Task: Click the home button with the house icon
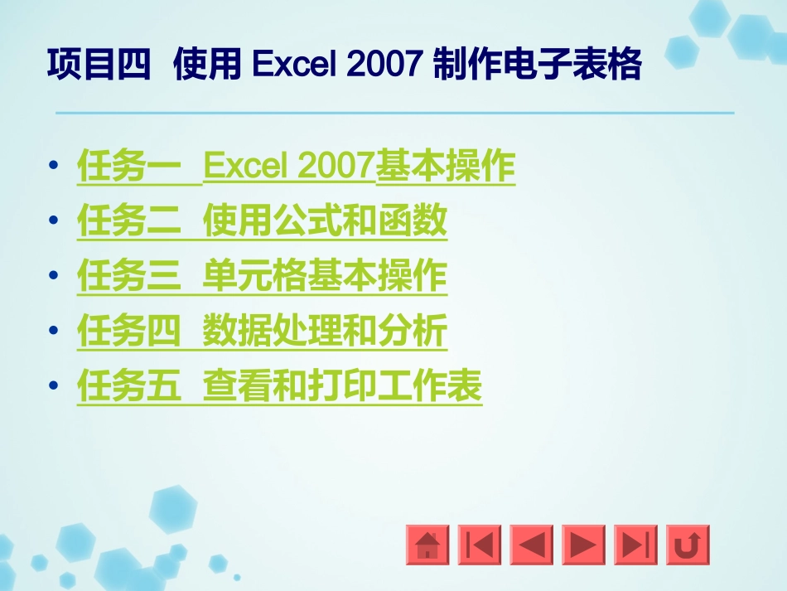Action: [x=427, y=545]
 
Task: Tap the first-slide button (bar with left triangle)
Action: [x=480, y=545]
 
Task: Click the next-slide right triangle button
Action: [x=583, y=545]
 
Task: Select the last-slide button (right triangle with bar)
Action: [x=635, y=545]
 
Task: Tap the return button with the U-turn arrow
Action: [x=688, y=545]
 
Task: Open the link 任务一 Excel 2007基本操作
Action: [x=296, y=167]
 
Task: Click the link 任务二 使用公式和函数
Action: [x=262, y=221]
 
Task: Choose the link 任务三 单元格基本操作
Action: [x=262, y=276]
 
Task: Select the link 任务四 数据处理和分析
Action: [x=262, y=332]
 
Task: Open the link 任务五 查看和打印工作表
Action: [x=279, y=386]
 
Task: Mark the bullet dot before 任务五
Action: [x=55, y=386]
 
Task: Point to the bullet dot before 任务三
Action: [x=55, y=276]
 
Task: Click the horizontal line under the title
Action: [x=394, y=113]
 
